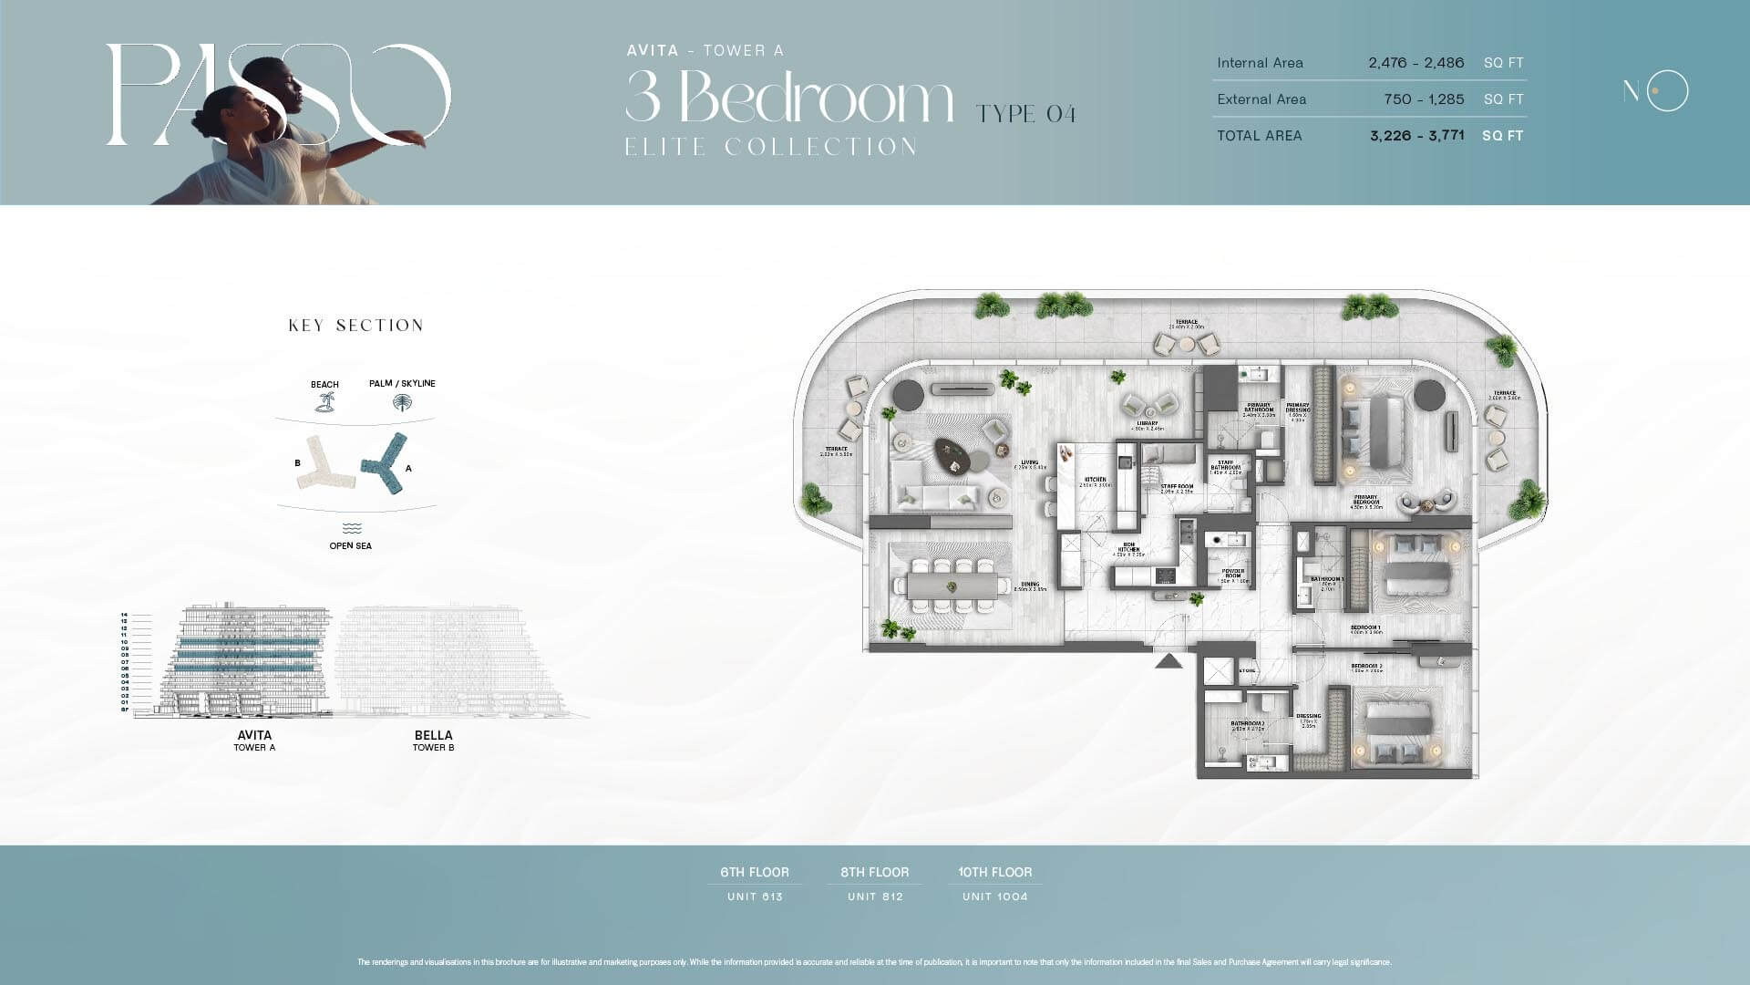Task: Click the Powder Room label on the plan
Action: tap(1233, 575)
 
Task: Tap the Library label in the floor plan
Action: tap(1147, 425)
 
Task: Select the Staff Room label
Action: tap(1177, 488)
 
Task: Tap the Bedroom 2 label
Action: tap(1366, 668)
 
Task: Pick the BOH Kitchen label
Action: tap(1128, 550)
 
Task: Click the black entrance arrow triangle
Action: tap(1168, 660)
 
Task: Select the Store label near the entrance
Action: tap(1247, 670)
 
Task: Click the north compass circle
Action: tap(1667, 90)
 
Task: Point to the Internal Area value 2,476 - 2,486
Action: tap(1415, 63)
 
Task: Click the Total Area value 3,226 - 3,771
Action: tap(1416, 135)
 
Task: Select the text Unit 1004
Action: tap(994, 897)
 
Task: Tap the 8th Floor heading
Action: tap(874, 872)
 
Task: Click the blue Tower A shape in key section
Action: tap(386, 464)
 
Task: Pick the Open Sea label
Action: tap(350, 545)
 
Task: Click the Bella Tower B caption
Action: tap(433, 740)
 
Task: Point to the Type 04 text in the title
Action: tap(1025, 114)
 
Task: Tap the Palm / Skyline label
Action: tap(402, 383)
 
